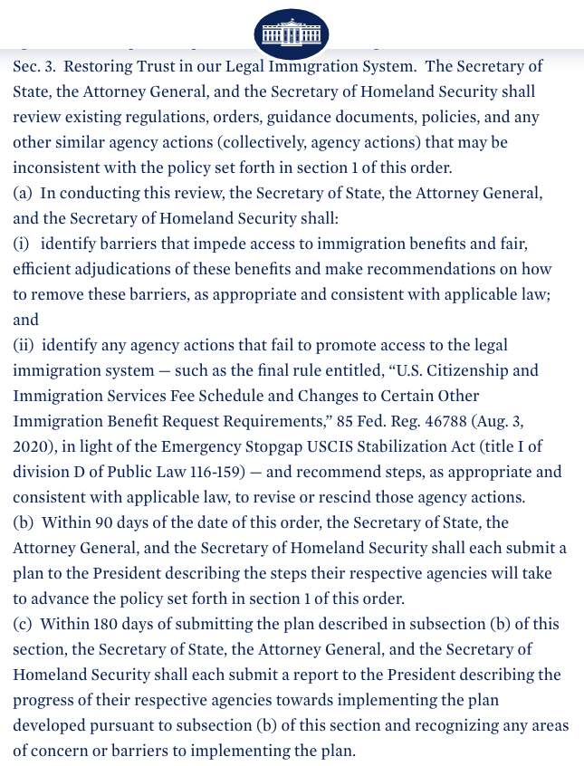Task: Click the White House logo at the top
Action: tap(292, 34)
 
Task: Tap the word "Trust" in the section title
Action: tap(157, 66)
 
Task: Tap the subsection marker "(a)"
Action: tap(23, 194)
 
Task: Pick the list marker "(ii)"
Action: tap(24, 346)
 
